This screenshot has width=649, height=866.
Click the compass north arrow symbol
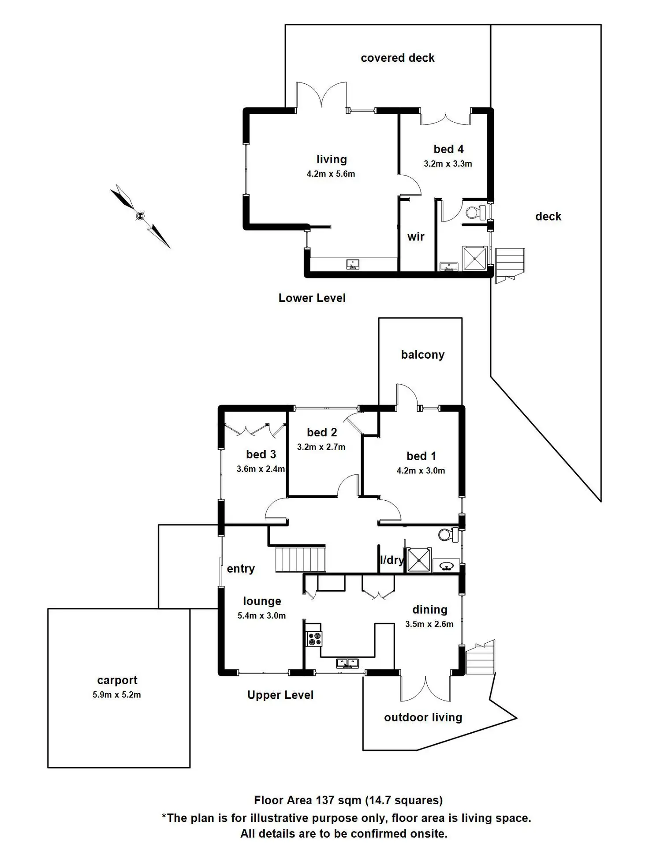point(140,215)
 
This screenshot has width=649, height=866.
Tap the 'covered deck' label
point(397,58)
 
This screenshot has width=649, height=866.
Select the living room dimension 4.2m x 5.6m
point(331,174)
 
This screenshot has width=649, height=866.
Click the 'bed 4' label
point(448,149)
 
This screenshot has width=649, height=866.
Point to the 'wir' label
point(416,237)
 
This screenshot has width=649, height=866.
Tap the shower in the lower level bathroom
point(474,258)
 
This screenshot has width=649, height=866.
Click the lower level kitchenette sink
point(352,264)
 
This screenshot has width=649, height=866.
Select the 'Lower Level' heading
point(312,298)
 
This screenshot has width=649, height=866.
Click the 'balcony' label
point(422,355)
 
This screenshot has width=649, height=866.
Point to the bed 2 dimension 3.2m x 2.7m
point(321,447)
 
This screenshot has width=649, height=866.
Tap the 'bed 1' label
point(421,456)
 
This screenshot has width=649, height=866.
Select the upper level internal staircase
point(301,559)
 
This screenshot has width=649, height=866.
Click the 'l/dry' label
point(392,560)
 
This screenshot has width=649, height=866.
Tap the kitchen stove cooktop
point(314,639)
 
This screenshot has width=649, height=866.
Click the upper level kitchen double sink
point(347,663)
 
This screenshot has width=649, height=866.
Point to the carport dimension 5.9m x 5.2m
point(116,695)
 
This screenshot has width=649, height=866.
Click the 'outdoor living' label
point(423,717)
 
